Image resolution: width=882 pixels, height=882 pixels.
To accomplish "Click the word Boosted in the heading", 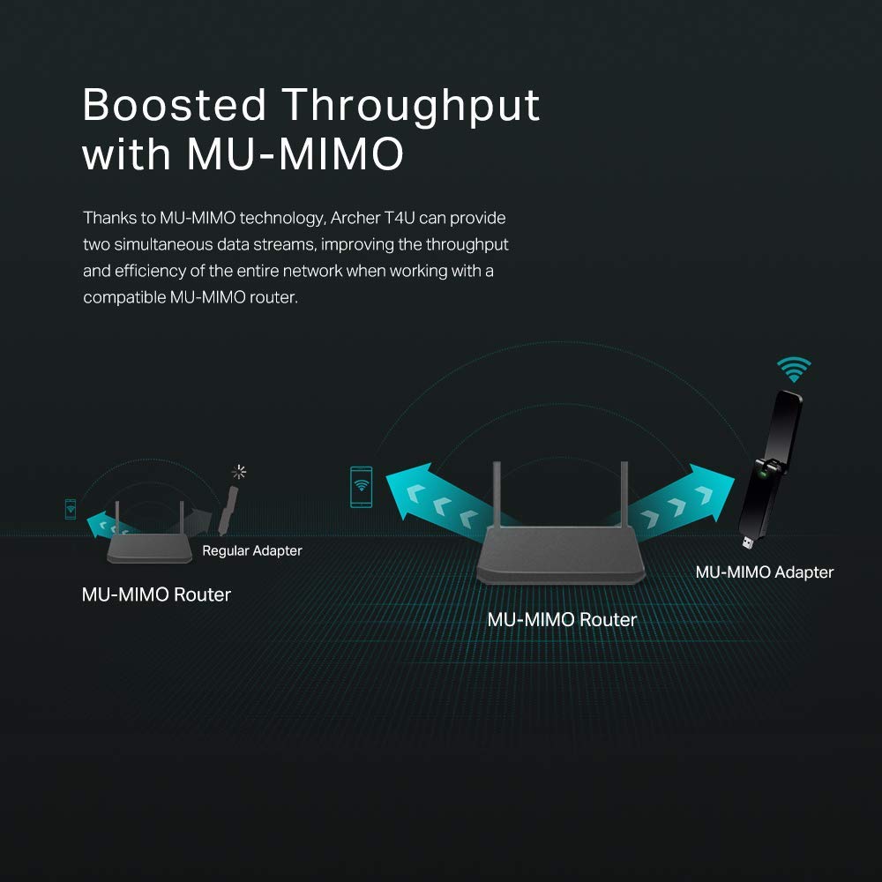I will (x=174, y=106).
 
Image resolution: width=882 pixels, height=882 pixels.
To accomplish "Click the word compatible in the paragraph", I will (x=123, y=297).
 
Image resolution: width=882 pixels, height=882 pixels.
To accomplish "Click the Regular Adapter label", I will (x=252, y=551).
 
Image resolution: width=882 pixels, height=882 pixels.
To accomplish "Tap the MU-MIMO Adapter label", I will (x=764, y=572).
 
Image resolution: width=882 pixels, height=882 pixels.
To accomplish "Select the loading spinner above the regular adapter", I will (x=238, y=473).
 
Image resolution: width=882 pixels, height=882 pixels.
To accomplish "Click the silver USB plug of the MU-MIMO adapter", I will (x=748, y=539).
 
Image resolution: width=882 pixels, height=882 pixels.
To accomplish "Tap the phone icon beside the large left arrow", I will (x=361, y=487).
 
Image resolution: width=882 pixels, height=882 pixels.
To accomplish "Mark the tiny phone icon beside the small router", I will (x=71, y=508).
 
